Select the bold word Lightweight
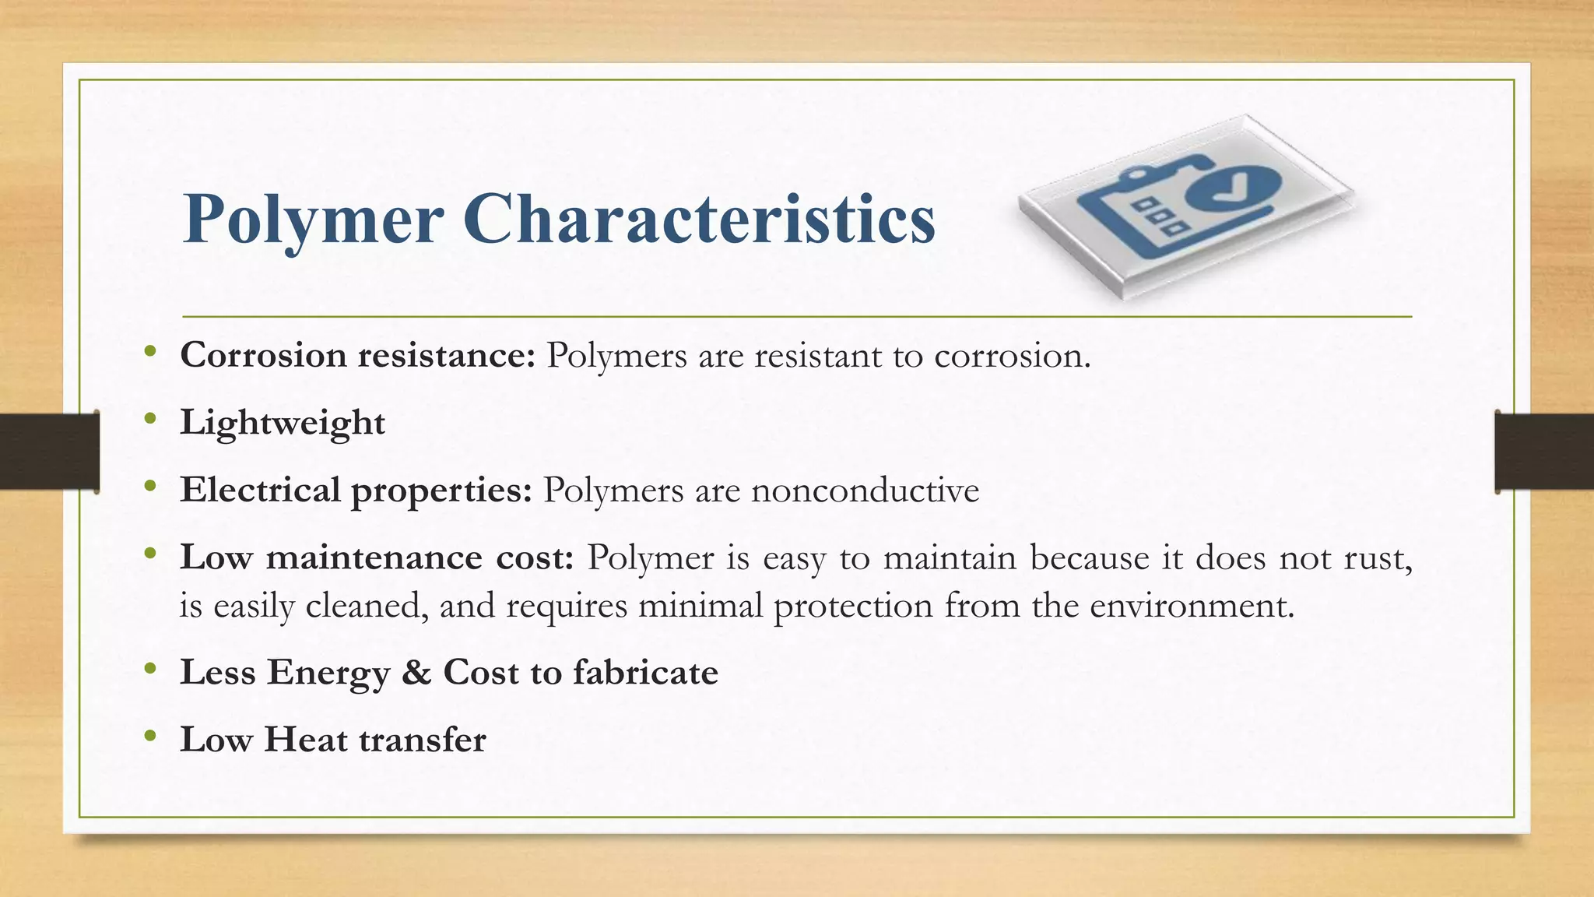pos(283,423)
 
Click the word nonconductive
pos(865,491)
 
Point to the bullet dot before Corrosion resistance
pos(150,353)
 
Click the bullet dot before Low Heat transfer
pos(150,737)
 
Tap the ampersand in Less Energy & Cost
pos(416,672)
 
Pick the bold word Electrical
pos(260,490)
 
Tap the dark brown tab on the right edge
pos(1544,451)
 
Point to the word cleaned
pos(367,606)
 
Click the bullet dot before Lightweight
pos(150,420)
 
